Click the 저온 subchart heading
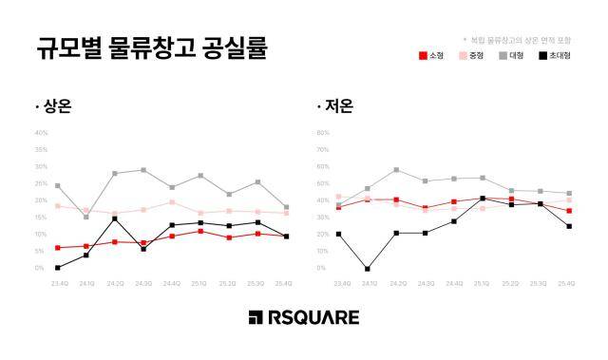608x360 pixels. (x=335, y=106)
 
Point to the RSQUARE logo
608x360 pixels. (x=304, y=316)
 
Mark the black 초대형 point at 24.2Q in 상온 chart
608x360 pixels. (x=115, y=219)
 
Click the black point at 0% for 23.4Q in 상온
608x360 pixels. (x=58, y=268)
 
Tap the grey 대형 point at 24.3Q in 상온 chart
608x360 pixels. (x=143, y=170)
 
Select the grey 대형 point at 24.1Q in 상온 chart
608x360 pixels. (x=86, y=218)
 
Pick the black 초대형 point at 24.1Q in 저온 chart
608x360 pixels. (x=368, y=269)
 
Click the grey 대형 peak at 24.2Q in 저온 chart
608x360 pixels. (x=396, y=170)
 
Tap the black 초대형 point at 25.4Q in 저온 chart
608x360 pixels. (x=569, y=226)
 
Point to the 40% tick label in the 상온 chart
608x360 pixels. (x=41, y=134)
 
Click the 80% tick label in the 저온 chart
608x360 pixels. (x=322, y=134)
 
